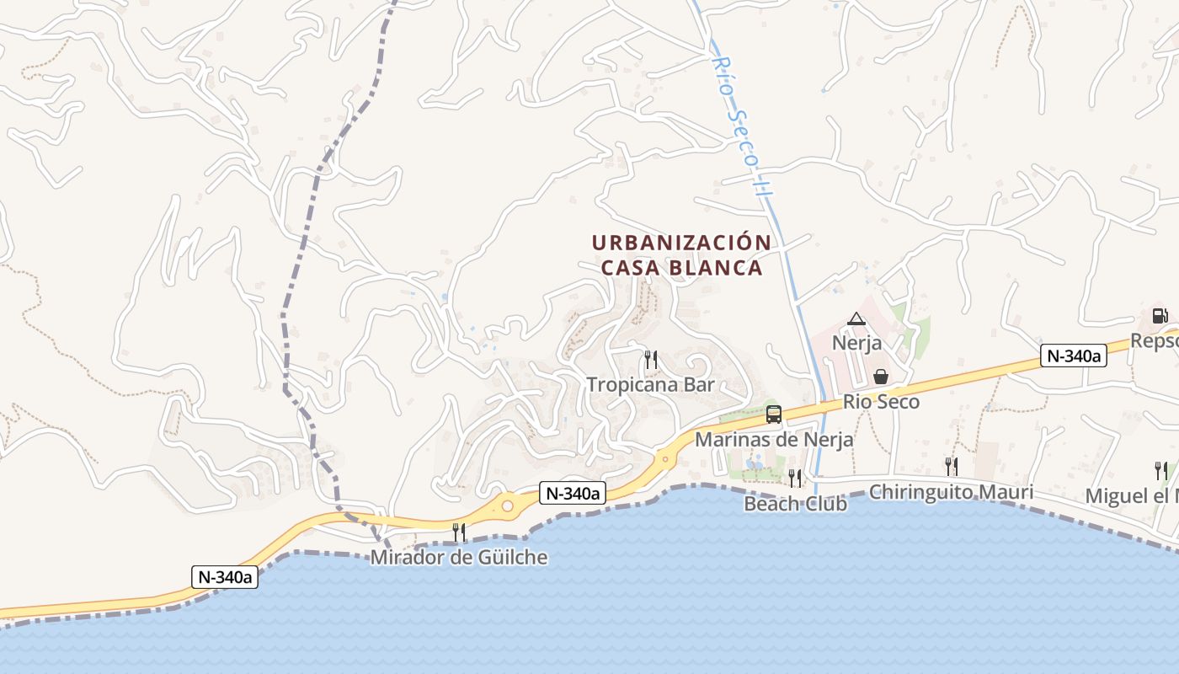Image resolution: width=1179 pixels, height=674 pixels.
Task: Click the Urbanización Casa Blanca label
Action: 680,255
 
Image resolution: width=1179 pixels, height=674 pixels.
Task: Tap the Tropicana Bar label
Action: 650,385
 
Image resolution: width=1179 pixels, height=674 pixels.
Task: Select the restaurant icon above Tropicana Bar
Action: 650,360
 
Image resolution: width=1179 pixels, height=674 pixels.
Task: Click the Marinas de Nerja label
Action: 773,439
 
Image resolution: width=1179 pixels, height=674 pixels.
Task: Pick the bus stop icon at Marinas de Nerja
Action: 774,414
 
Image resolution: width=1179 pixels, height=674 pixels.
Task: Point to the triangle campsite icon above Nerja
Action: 856,319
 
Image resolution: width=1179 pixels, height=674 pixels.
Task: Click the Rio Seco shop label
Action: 881,402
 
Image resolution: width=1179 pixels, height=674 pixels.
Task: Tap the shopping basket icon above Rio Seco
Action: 881,377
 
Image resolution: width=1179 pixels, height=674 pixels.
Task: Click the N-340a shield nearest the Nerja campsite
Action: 1073,356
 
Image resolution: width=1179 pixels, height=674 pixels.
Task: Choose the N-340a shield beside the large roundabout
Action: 573,494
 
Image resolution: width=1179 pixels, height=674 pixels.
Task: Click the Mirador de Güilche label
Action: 459,557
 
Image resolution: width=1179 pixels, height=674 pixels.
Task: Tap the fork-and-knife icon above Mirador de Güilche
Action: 459,532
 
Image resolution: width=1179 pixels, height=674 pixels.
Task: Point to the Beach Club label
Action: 795,504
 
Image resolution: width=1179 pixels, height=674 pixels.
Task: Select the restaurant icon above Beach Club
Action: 795,479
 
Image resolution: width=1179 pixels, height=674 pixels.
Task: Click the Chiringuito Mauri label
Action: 951,491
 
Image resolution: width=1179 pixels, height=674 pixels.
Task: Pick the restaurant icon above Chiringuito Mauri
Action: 951,466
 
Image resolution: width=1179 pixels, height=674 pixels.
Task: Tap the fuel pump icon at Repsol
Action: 1160,316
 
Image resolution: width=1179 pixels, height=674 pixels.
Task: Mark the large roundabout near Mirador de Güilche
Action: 507,505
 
